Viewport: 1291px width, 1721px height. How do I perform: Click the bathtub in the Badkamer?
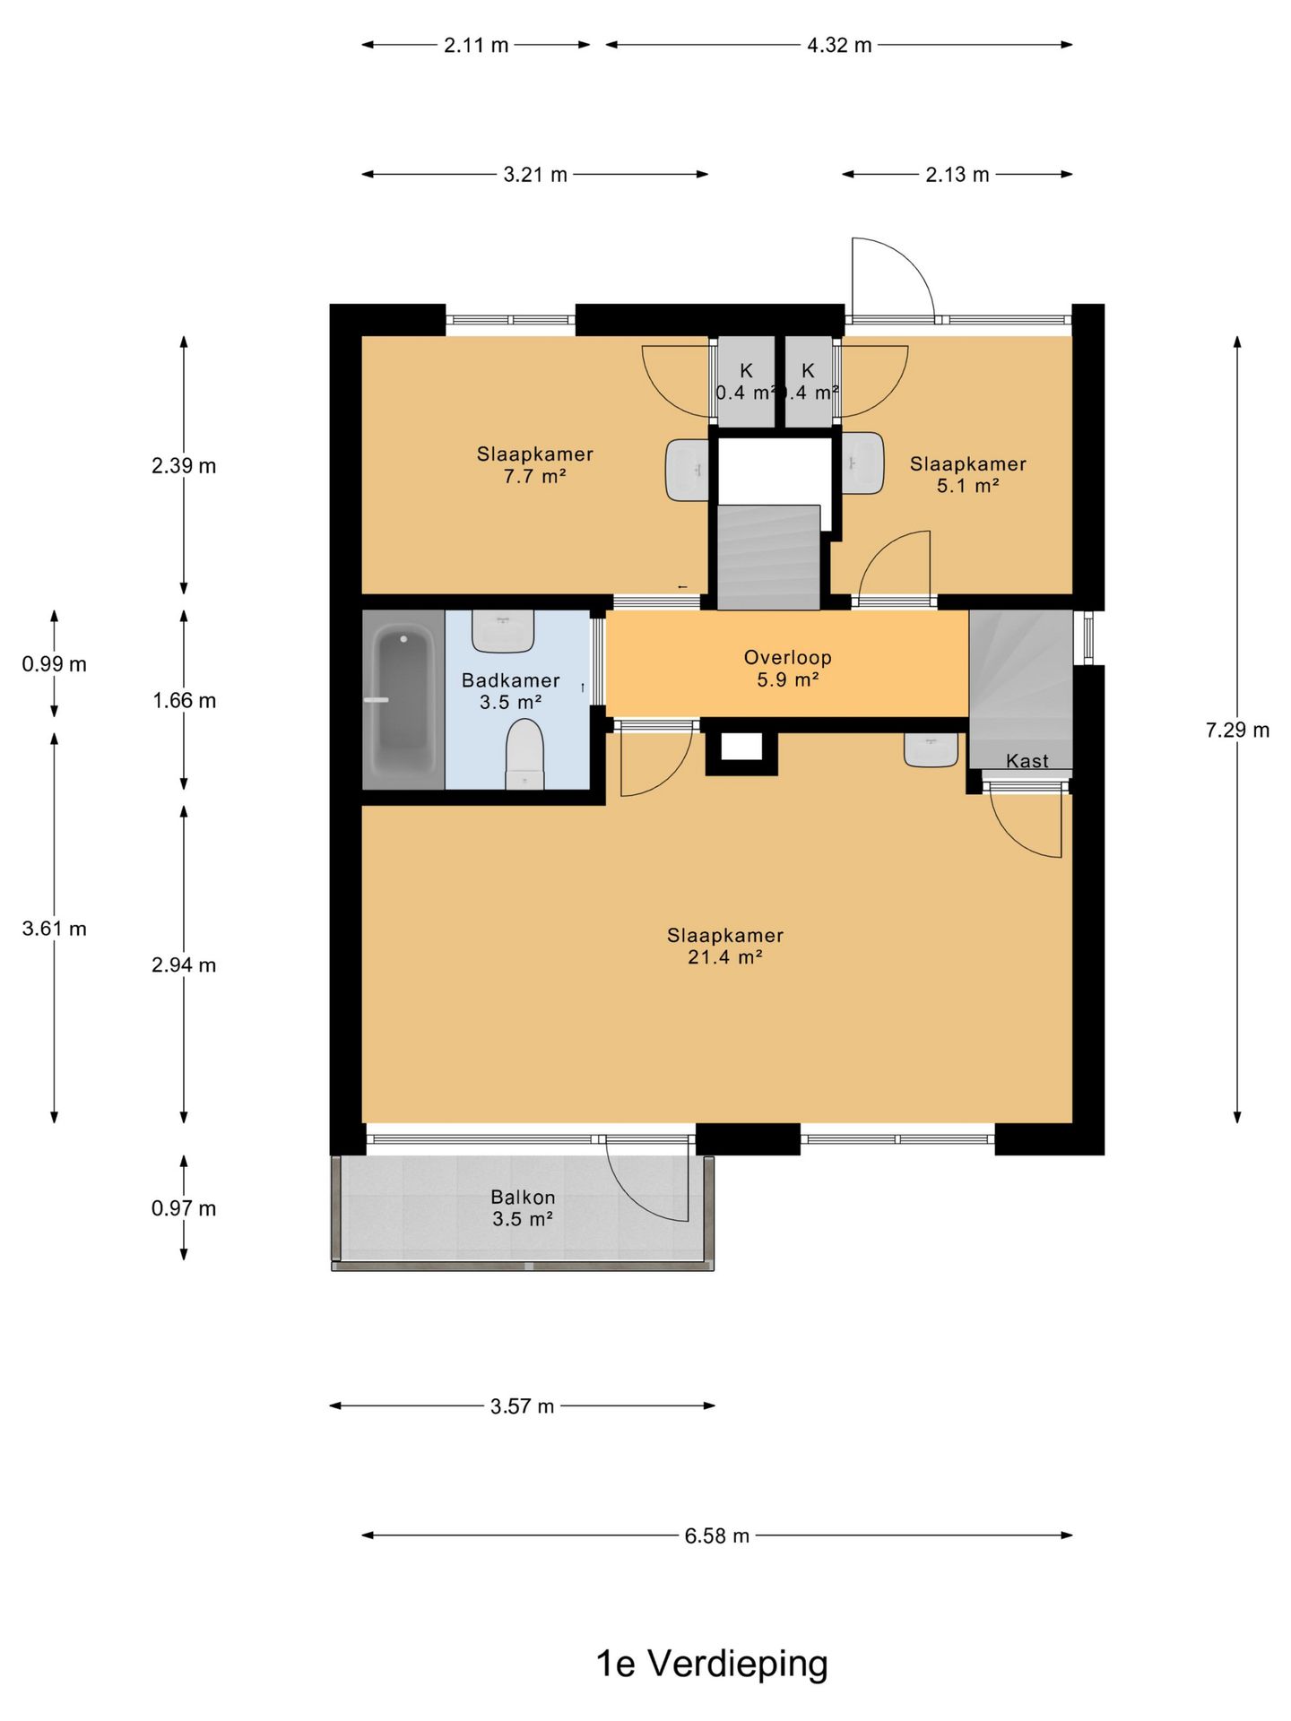click(403, 700)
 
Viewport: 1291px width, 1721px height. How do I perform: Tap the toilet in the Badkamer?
click(524, 756)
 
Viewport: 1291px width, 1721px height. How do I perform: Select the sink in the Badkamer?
click(503, 631)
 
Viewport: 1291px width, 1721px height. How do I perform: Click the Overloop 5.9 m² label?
click(788, 669)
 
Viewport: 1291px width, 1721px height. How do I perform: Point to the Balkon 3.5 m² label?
click(523, 1208)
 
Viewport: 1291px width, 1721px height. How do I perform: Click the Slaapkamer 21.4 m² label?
click(725, 947)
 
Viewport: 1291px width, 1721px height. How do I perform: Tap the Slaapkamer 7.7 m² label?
click(535, 465)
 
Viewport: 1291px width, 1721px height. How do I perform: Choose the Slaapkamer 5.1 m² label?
click(968, 475)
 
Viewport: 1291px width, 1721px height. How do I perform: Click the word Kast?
click(1027, 761)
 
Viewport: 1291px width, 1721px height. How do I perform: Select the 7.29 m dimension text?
click(1237, 731)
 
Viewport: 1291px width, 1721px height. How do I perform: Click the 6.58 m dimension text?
click(717, 1535)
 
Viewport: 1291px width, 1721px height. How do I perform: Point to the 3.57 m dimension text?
click(523, 1406)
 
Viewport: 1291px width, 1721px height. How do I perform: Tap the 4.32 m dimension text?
click(839, 45)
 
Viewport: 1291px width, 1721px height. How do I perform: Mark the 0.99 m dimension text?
click(55, 664)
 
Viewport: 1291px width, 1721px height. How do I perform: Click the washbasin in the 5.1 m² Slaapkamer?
click(862, 463)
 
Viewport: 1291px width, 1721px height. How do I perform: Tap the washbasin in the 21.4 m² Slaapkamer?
click(931, 749)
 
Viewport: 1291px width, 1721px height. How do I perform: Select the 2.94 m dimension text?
click(184, 965)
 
